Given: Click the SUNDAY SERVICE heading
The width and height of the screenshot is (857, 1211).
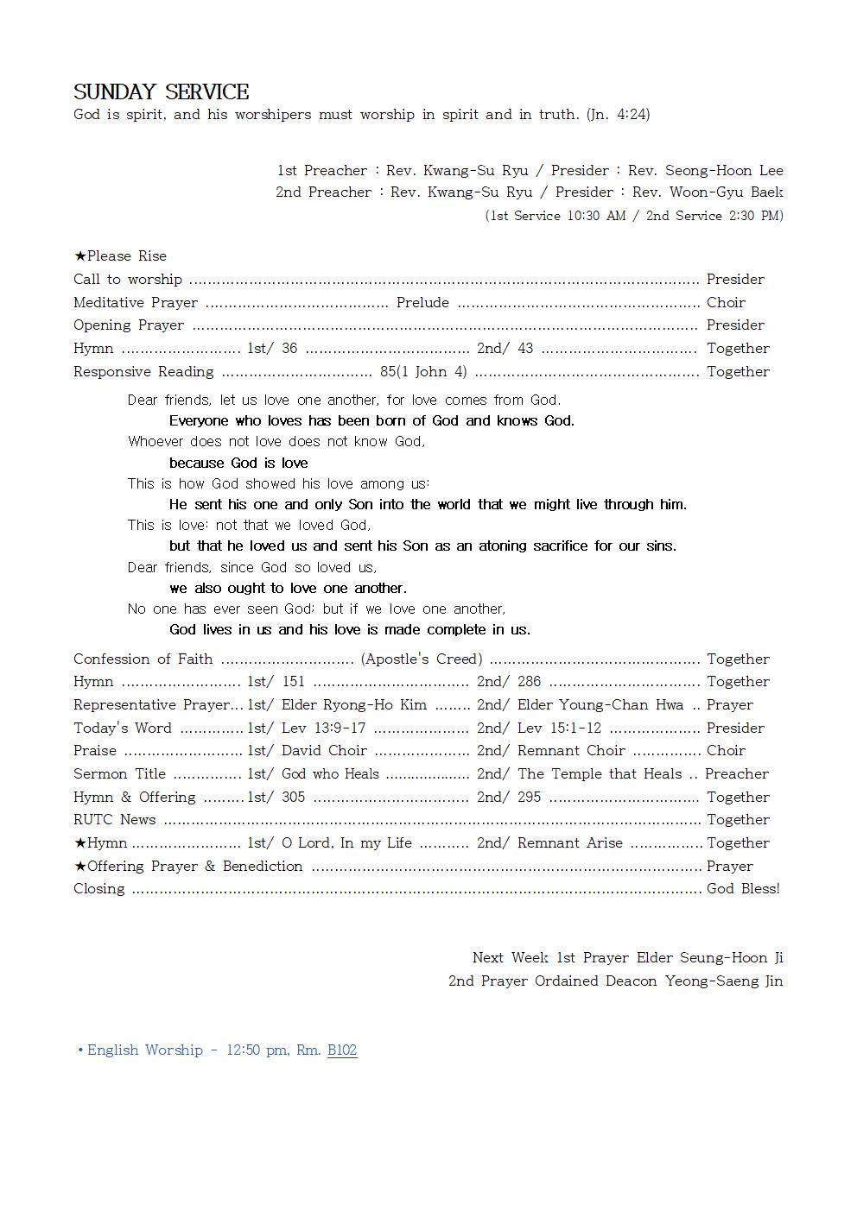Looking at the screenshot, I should click(161, 92).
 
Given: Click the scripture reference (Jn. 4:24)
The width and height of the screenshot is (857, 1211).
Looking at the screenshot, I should click(618, 115).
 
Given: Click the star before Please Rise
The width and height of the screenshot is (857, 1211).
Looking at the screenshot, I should click(79, 256).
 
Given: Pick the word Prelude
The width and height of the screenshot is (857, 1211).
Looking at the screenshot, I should click(422, 303).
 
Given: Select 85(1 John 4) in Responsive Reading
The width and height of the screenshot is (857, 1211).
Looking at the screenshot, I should click(423, 372).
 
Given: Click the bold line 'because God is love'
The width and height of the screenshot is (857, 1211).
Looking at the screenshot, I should click(238, 464).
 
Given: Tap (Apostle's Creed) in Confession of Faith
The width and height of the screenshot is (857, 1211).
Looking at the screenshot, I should click(422, 659).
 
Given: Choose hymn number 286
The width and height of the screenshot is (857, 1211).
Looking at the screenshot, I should click(529, 682).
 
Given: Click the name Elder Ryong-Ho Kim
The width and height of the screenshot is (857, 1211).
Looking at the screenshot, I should click(354, 705).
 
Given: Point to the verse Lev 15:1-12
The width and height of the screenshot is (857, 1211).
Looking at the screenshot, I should click(559, 728).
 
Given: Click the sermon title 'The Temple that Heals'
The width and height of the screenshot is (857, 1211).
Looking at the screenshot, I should click(600, 774).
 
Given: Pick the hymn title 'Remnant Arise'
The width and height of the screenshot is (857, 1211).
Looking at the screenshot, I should click(569, 843).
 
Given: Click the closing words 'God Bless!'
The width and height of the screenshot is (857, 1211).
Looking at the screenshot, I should click(743, 889).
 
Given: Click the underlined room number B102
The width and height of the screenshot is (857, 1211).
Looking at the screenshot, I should click(342, 1050).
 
